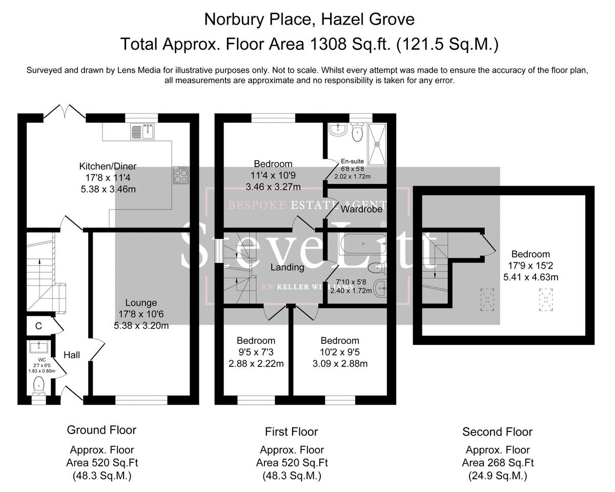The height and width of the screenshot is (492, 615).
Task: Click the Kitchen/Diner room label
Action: tap(108, 167)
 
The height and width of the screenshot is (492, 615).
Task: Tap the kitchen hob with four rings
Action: tap(181, 176)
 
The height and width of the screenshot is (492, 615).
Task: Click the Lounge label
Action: tap(141, 303)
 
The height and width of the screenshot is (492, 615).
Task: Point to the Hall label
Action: tap(72, 355)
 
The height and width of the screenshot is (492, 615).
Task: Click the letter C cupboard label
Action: tap(38, 325)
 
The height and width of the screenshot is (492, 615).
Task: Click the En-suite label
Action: tap(352, 161)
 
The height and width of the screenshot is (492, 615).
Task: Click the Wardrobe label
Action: tap(361, 209)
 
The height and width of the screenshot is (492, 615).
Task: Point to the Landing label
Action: tap(288, 267)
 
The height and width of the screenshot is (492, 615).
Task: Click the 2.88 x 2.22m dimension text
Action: tap(256, 364)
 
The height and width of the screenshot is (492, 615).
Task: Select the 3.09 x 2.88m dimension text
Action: tap(340, 364)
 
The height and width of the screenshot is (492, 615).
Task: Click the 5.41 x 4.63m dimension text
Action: tap(530, 277)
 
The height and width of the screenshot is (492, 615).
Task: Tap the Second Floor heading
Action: tap(497, 432)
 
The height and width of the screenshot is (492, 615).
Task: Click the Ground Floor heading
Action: tap(101, 429)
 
